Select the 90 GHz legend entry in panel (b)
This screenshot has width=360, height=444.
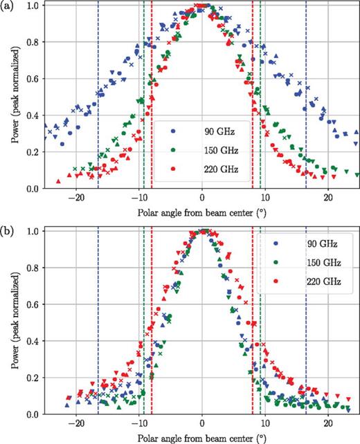tap(302, 243)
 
